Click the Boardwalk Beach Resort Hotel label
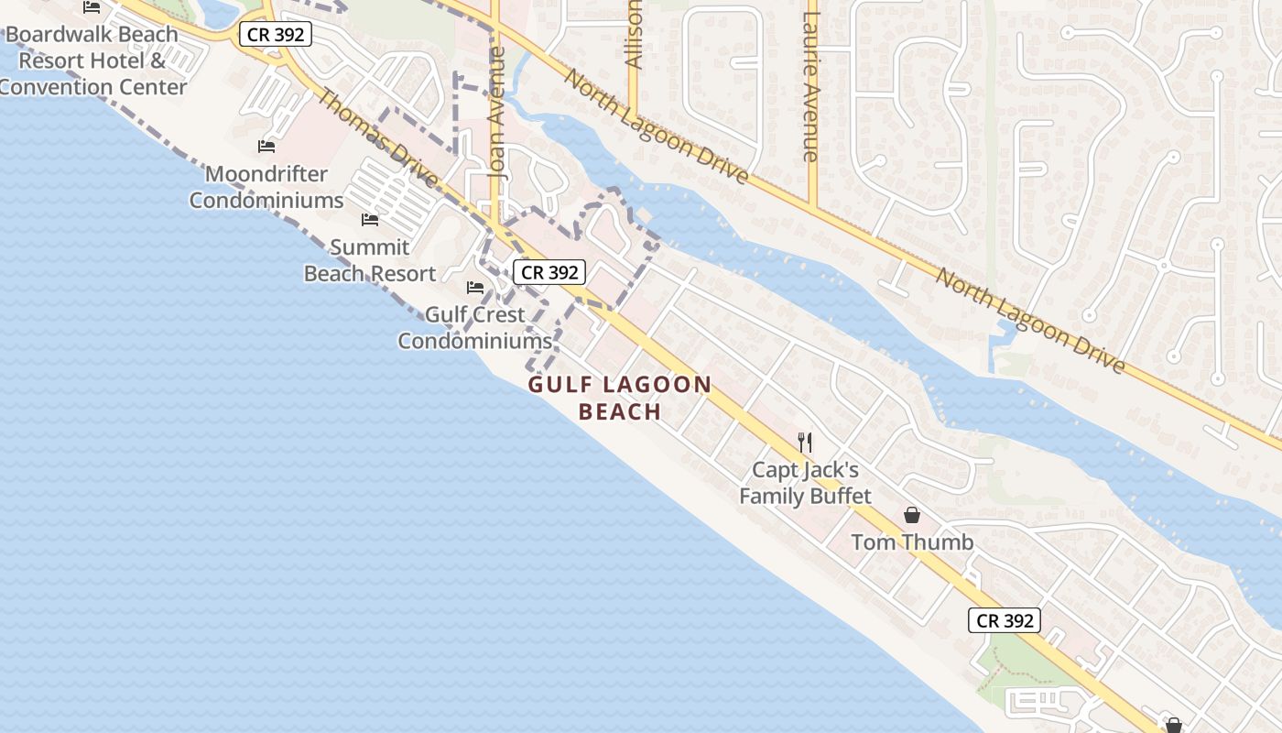point(92,61)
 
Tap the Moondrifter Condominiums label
point(266,187)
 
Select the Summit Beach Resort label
point(370,260)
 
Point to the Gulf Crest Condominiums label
point(474,327)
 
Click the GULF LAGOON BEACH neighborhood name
point(620,398)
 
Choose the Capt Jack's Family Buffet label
point(805,483)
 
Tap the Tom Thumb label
point(912,542)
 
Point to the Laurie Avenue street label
point(809,87)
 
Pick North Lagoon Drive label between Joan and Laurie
point(656,126)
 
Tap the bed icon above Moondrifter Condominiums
point(266,146)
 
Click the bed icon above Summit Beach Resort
point(370,219)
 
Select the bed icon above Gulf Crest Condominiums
point(474,287)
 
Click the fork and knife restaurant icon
point(805,443)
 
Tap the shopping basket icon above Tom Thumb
point(912,515)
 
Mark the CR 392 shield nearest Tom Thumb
point(1005,620)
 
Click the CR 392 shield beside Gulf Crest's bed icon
point(549,272)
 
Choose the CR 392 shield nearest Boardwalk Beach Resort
point(276,35)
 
